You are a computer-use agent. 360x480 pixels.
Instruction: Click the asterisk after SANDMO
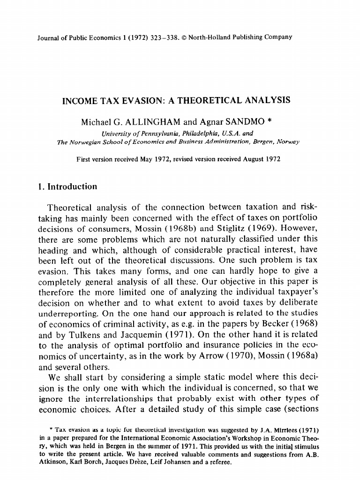(x=269, y=121)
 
